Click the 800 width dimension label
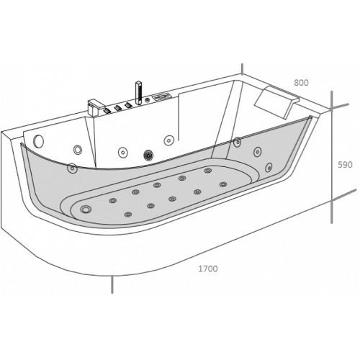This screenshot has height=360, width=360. click(301, 83)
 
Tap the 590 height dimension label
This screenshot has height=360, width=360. click(345, 165)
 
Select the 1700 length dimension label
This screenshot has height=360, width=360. click(208, 269)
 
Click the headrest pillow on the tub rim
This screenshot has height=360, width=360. click(276, 102)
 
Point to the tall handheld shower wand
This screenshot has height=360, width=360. click(138, 93)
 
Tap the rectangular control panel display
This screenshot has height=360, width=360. click(161, 97)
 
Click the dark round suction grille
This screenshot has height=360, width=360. click(149, 155)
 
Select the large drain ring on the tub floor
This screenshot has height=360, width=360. click(86, 210)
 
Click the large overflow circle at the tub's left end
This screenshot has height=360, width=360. click(39, 140)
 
